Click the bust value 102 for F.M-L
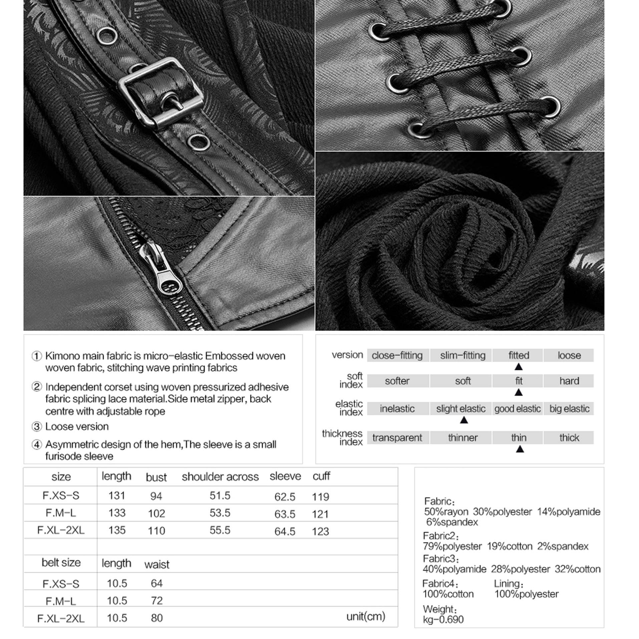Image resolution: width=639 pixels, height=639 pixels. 156,513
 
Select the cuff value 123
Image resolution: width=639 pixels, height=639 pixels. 320,531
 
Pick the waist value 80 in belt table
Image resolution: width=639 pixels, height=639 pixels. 156,618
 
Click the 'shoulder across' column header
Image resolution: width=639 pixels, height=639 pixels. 220,477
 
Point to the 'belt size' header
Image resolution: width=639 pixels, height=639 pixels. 61,563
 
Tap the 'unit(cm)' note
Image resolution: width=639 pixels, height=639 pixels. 366,616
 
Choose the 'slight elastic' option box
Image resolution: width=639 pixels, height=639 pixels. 461,409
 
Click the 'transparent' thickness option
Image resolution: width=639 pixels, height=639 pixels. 397,437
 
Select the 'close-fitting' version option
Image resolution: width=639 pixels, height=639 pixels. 397,355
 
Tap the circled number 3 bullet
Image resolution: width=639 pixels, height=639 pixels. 36,426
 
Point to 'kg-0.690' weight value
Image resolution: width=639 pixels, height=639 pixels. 443,620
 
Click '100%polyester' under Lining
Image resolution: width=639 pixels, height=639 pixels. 526,594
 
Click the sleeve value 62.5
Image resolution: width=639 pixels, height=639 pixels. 285,497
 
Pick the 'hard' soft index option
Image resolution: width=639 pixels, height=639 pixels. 569,381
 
